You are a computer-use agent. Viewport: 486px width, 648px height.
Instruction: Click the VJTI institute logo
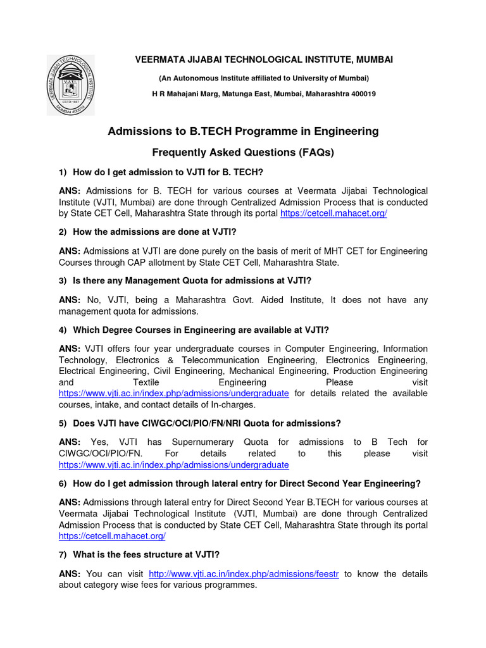point(70,84)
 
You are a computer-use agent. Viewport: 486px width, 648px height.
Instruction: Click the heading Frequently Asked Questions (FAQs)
point(243,153)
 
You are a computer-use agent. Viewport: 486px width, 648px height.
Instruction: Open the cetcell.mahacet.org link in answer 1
point(333,213)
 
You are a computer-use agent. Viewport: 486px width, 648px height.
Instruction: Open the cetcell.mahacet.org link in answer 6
point(112,536)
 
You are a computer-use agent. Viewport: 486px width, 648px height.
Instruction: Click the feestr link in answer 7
point(244,574)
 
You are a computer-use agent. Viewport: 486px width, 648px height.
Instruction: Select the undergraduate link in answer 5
point(174,464)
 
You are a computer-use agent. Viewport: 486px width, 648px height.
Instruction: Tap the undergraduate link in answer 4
point(174,393)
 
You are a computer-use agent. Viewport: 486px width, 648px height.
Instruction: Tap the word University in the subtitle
point(309,78)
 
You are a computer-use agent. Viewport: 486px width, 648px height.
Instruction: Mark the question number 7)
point(63,554)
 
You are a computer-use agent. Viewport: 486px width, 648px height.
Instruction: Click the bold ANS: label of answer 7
point(70,574)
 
